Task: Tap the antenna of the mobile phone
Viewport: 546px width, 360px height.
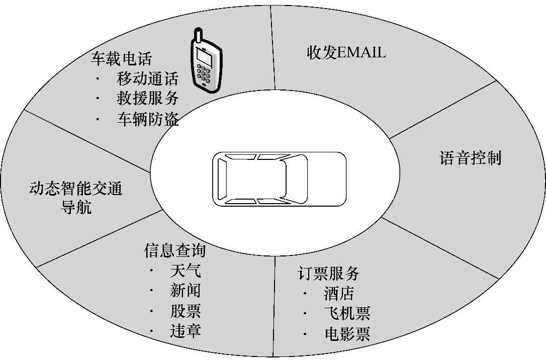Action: [198, 36]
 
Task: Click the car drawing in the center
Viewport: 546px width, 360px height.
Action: [279, 179]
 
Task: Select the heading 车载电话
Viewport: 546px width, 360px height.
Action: [121, 59]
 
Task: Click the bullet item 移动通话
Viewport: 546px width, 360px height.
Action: [148, 78]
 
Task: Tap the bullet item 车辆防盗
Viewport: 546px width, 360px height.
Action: [148, 119]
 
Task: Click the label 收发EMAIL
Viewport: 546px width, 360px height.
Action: [346, 52]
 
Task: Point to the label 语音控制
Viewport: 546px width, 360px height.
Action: [471, 158]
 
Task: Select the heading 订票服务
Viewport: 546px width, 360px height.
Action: [328, 274]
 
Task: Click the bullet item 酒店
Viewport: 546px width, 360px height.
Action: [339, 293]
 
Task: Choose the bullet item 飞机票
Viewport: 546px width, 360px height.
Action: [347, 313]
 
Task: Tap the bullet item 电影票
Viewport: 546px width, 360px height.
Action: [347, 333]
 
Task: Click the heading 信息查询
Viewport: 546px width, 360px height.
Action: [175, 250]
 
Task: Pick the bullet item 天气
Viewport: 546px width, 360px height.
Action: [186, 271]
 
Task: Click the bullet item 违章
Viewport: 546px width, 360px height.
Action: [186, 331]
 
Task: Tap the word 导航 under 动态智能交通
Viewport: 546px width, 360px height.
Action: [76, 207]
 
